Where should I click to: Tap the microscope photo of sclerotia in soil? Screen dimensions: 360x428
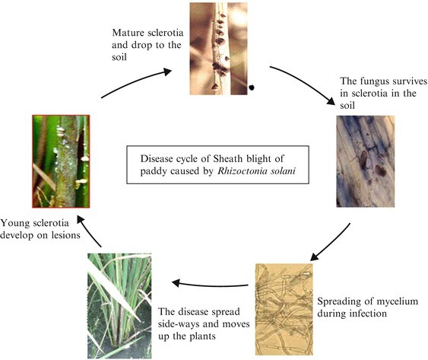(x=365, y=161)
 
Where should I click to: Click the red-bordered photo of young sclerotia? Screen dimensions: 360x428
(x=60, y=161)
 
